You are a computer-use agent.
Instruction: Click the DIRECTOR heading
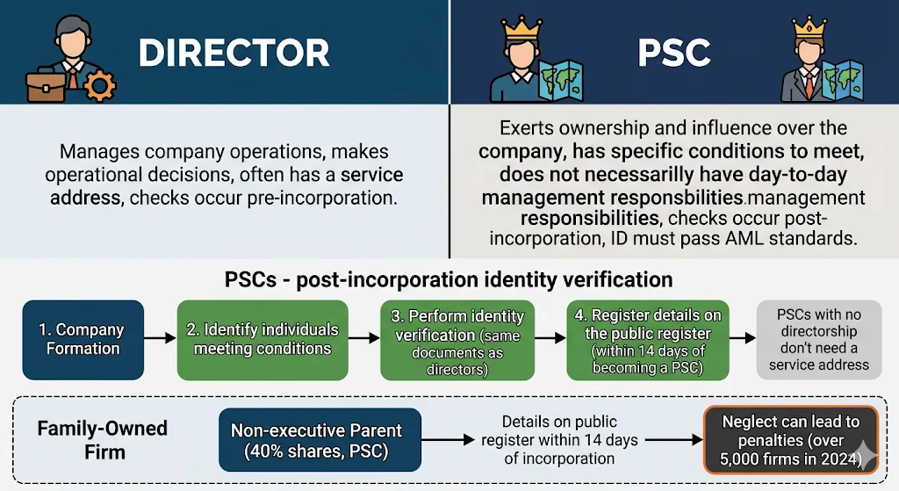point(234,53)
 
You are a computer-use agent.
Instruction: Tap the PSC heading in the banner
point(674,53)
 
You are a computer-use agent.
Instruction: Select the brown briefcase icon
point(45,86)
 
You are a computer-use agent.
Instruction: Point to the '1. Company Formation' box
point(82,340)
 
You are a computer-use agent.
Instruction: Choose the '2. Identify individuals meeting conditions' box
point(263,340)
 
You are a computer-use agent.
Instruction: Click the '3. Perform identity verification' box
point(457,340)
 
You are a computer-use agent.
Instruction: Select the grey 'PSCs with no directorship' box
point(818,340)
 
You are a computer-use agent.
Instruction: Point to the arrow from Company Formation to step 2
point(160,336)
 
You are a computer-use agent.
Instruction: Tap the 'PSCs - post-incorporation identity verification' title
point(449,280)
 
